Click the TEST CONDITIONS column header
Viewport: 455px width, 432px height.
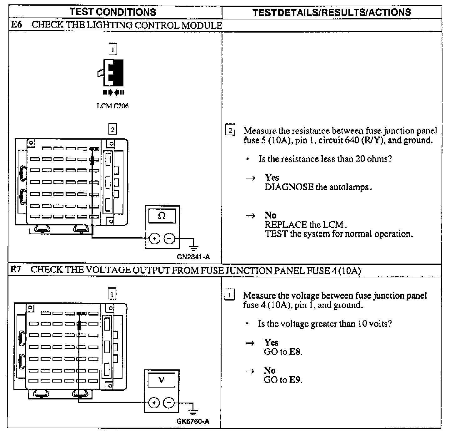[113, 12]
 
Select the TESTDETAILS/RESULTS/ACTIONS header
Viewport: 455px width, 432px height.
[331, 12]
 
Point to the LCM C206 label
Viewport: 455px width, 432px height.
[112, 106]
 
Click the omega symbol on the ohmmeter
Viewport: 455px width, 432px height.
[162, 216]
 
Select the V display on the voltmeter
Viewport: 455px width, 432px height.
[161, 380]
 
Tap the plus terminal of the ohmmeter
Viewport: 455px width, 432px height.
[154, 239]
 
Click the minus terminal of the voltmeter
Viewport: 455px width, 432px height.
[169, 403]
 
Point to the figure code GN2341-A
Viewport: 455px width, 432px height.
[193, 257]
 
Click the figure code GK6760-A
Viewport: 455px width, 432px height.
[193, 421]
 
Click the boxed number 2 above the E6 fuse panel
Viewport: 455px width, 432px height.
[112, 129]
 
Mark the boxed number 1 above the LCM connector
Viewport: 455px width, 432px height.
[112, 49]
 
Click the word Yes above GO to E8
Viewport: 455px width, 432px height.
[271, 342]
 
